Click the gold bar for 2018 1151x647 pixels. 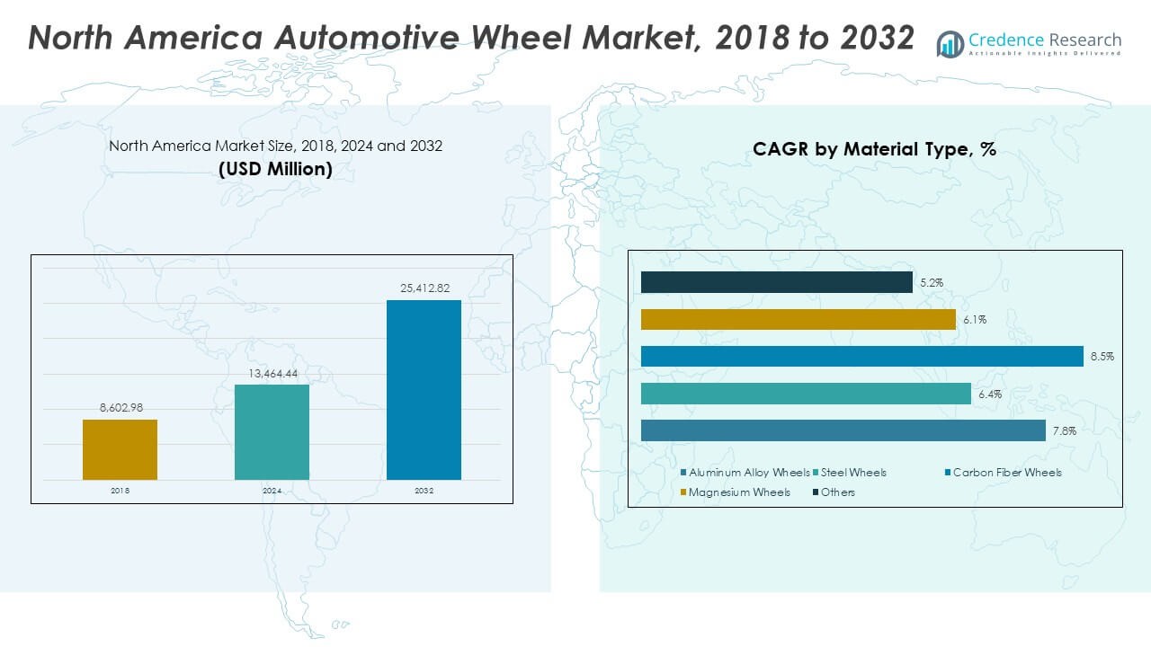[120, 449]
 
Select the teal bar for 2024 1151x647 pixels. [272, 432]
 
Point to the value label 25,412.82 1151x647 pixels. [424, 288]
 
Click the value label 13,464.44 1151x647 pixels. [272, 373]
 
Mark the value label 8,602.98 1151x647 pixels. [120, 408]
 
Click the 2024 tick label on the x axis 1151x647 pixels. [272, 491]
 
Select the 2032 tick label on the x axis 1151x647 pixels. [424, 491]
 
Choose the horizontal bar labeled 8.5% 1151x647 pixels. [861, 357]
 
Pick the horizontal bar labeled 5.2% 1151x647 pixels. [776, 282]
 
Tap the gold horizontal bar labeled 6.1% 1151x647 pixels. [798, 320]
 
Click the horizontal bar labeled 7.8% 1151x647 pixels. [843, 430]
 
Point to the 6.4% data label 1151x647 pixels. [989, 394]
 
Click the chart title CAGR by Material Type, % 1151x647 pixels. [874, 150]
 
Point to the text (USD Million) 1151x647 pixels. [275, 168]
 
